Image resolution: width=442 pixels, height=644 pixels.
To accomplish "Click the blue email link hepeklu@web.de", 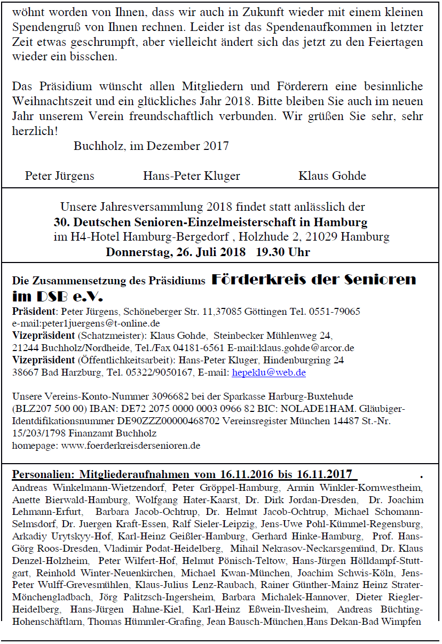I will pos(269,372).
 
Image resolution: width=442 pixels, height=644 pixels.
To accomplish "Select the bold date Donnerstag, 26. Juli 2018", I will pos(176,251).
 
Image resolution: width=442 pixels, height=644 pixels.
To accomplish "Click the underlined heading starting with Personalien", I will pos(182,474).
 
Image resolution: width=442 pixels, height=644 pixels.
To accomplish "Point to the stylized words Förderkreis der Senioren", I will pos(314,280).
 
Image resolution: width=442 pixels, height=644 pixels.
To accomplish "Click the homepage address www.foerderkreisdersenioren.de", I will pos(131,444).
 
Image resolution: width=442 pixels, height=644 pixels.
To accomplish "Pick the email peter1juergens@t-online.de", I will pos(86,323).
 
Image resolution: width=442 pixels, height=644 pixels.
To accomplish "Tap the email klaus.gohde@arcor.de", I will pos(312,348).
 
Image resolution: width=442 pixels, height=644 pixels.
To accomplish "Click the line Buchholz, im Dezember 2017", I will pos(151,146).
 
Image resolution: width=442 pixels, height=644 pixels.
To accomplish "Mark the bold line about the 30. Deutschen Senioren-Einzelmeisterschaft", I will pos(210,221).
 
